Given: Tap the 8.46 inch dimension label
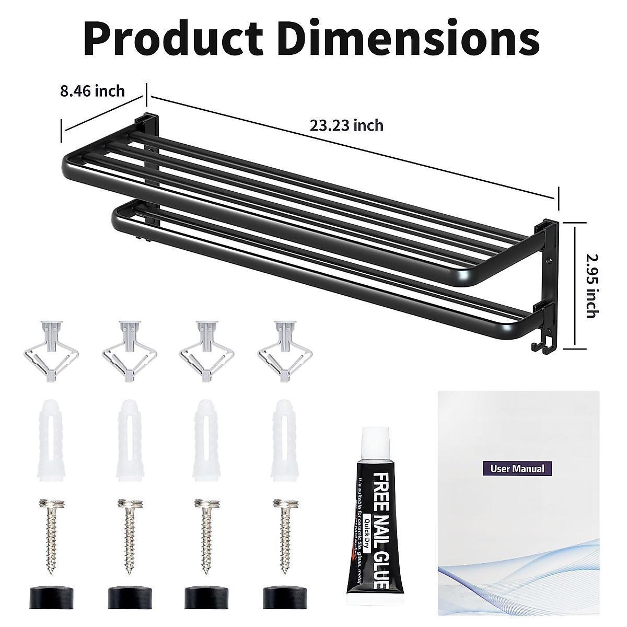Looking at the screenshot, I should [92, 91].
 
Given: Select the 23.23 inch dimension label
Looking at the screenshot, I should [346, 125].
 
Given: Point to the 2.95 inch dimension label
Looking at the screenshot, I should [591, 286].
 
